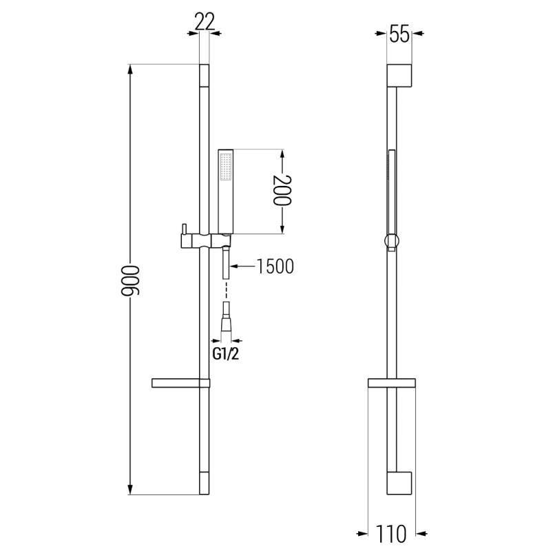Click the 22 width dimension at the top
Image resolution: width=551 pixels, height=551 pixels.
[205, 22]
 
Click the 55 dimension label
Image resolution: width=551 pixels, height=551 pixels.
[400, 34]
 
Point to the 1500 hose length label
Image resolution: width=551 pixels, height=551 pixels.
[275, 266]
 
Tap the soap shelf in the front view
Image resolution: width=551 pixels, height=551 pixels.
[178, 383]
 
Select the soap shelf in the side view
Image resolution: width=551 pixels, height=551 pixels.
[392, 383]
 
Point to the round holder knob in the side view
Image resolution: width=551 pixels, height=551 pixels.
[391, 241]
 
